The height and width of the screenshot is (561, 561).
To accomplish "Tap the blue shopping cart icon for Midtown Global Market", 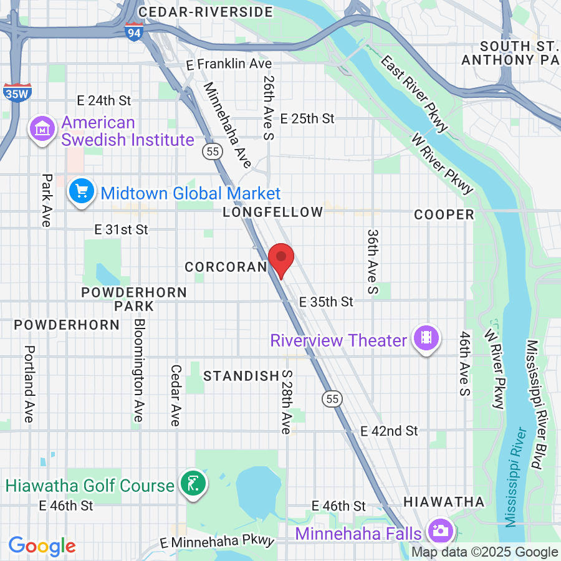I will click(82, 191).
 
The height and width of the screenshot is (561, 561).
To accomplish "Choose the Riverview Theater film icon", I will click(426, 338).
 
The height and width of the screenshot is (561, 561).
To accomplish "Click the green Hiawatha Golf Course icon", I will click(193, 484).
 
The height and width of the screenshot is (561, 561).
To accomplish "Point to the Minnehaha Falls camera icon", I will click(440, 530).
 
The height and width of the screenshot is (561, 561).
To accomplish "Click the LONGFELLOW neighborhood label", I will click(273, 213).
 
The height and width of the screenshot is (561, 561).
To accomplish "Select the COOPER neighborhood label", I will click(444, 215).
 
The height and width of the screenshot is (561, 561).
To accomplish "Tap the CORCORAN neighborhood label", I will click(226, 267).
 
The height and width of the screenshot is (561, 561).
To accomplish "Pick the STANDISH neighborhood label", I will click(241, 376).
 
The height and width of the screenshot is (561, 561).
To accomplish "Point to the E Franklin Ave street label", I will click(229, 64).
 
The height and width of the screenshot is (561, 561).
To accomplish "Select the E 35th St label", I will click(326, 302).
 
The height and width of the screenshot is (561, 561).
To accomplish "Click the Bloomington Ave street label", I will click(139, 370).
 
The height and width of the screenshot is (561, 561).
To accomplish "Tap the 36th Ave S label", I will click(373, 261).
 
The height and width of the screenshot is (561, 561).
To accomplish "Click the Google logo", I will click(42, 547).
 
